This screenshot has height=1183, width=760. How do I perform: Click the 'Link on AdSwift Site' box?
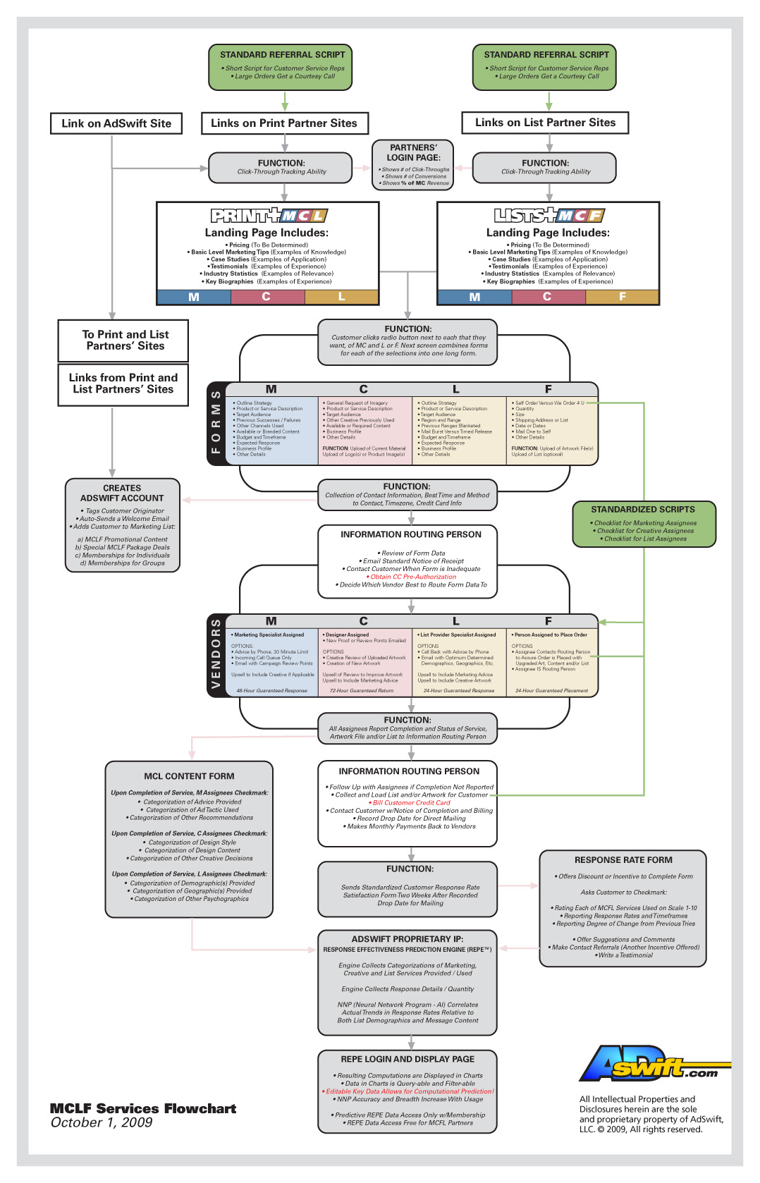116,123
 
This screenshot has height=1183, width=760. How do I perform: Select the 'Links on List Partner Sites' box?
545,123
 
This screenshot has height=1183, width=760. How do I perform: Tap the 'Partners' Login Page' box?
413,164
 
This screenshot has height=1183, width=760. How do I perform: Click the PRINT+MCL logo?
269,216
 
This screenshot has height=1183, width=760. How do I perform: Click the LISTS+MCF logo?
549,216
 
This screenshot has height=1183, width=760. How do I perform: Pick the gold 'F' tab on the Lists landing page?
622,297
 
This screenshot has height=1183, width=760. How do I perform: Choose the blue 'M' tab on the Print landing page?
194,297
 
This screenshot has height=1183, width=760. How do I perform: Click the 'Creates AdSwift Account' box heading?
122,493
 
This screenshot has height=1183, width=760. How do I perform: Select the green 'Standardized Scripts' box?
644,524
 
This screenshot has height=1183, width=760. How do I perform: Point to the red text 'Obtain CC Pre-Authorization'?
413,577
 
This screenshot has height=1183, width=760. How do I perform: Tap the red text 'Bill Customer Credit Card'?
411,802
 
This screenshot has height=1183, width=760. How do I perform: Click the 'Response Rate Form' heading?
623,860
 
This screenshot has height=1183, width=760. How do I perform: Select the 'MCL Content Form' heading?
189,776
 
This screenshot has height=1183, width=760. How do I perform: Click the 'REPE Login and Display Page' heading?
407,1059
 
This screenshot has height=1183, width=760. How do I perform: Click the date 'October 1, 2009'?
102,1123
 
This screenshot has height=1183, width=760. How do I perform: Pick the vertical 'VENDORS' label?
216,655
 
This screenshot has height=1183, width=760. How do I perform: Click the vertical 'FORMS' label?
216,422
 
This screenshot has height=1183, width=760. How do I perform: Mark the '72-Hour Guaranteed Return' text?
362,691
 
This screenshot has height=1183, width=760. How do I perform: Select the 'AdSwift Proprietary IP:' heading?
407,939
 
